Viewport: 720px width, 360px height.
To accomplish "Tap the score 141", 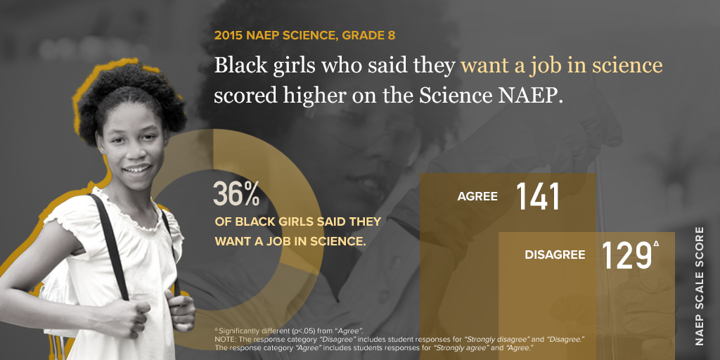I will (538, 197).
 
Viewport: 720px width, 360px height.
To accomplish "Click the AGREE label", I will (477, 197).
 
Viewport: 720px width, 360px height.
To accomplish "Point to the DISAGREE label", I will (555, 255).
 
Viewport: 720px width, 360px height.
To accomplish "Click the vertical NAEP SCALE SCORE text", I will (699, 285).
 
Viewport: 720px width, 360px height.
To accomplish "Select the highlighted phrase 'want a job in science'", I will (561, 65).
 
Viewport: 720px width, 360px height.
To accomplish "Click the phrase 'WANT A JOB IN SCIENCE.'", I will (290, 240).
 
